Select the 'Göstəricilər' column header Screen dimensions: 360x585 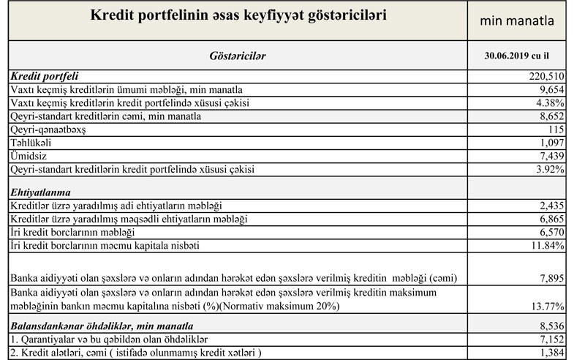pos(238,55)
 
